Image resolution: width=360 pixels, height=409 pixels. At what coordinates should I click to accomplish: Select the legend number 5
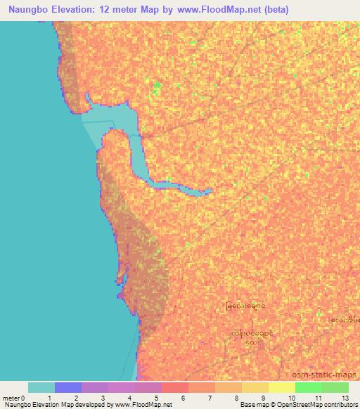[x=156, y=398]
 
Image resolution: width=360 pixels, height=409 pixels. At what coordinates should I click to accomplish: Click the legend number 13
[x=345, y=398]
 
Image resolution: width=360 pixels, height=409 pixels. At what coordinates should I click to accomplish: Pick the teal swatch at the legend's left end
[x=41, y=387]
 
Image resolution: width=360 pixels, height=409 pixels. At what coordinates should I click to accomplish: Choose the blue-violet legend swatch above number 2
[x=67, y=387]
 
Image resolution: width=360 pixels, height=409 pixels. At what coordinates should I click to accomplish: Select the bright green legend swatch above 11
[x=308, y=387]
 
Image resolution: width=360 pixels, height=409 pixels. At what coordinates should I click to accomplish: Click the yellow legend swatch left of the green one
[x=281, y=387]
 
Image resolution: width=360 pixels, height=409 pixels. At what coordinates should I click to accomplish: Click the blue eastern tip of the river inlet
[x=208, y=190]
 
